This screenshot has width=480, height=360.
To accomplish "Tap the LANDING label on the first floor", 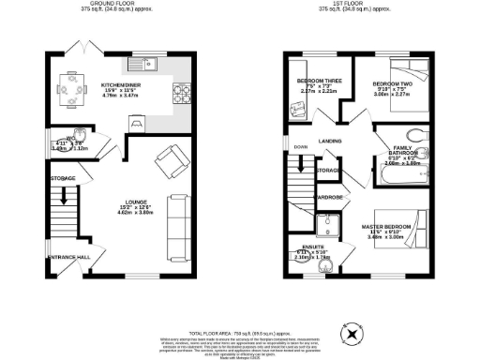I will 329,142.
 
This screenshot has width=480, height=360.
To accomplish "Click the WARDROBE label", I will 327,198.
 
